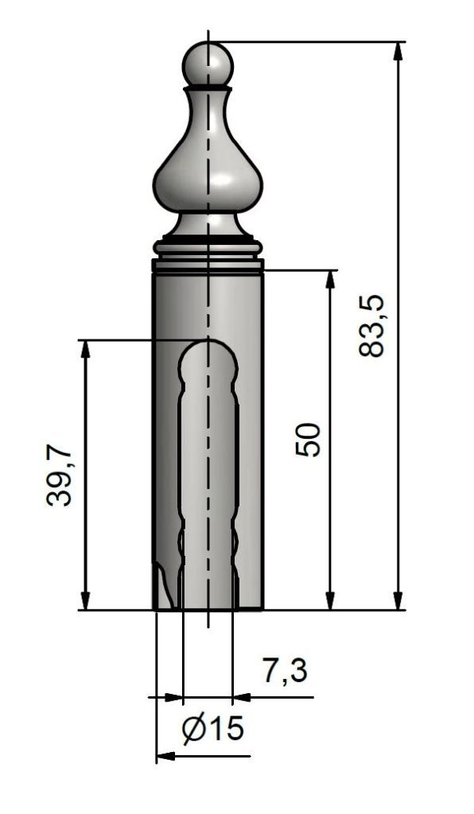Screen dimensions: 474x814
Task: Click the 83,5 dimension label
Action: click(x=371, y=325)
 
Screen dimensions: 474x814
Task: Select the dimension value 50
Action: click(x=309, y=440)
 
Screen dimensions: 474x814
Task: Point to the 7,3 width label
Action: click(x=285, y=670)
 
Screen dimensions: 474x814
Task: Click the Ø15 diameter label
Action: click(x=213, y=728)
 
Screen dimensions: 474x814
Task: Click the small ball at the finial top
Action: click(x=208, y=65)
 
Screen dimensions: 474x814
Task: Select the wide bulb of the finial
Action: click(x=208, y=182)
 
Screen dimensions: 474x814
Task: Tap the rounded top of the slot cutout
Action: click(x=208, y=359)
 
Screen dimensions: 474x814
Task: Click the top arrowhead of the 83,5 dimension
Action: click(x=398, y=52)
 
